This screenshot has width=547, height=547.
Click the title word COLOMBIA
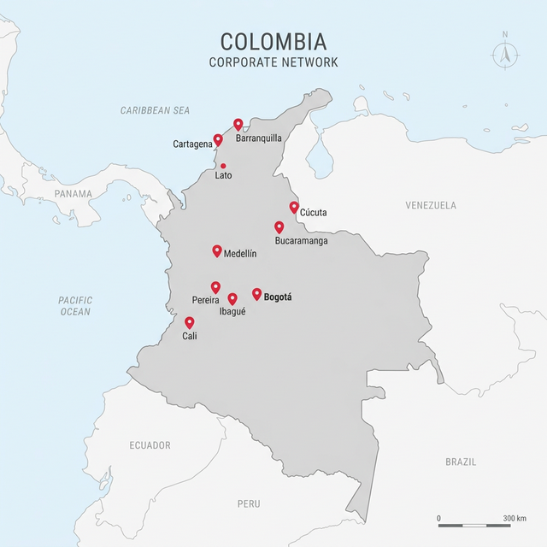[273, 42]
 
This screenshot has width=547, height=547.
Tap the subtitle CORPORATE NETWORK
[273, 62]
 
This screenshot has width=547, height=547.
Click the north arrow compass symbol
[505, 53]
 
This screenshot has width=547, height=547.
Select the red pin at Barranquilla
[238, 125]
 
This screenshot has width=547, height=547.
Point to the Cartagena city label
[192, 144]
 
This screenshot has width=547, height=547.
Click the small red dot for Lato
[223, 166]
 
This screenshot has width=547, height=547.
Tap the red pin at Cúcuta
[294, 207]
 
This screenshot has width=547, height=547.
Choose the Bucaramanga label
[301, 241]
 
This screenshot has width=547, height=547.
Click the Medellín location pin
[217, 251]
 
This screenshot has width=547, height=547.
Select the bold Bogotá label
[279, 297]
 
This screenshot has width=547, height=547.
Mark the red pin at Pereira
[215, 287]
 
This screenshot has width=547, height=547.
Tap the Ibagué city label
[232, 312]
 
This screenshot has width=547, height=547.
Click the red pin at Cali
[190, 322]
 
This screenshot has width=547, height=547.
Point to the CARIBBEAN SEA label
[155, 111]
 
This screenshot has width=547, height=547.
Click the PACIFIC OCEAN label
[74, 306]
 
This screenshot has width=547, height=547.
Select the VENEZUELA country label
[431, 205]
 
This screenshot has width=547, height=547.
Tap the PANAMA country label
[73, 194]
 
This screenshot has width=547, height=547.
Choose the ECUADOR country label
[150, 445]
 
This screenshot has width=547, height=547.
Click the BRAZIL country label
[461, 462]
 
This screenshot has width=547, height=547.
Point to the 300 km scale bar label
[515, 519]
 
